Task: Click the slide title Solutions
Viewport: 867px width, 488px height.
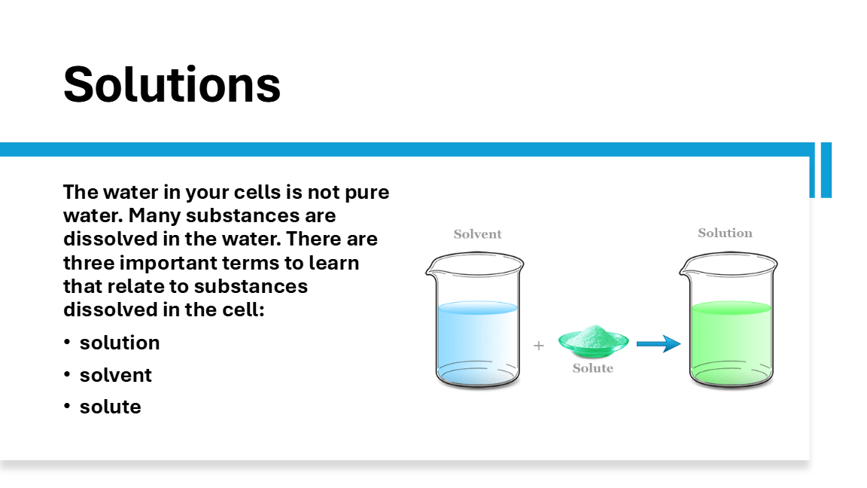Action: (172, 84)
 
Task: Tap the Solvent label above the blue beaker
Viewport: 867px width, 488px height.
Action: (477, 234)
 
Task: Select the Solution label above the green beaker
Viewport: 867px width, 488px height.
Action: (725, 233)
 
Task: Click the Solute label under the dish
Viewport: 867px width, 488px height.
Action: (593, 368)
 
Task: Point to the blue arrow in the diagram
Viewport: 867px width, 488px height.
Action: (658, 343)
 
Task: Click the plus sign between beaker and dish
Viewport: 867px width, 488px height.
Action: (539, 346)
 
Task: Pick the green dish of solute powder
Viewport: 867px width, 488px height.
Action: (593, 341)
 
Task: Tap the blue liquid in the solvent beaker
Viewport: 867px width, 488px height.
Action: (477, 343)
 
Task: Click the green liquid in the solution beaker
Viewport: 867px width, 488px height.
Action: (731, 343)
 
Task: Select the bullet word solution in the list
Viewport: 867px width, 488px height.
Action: (120, 343)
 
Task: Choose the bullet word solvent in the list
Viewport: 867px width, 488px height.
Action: (116, 375)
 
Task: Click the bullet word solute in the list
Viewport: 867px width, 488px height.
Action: (111, 407)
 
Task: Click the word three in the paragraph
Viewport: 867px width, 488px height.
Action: (89, 263)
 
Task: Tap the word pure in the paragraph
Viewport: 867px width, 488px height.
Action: (367, 193)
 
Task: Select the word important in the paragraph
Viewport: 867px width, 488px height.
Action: (164, 264)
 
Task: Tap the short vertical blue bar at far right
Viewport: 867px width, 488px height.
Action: (826, 170)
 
